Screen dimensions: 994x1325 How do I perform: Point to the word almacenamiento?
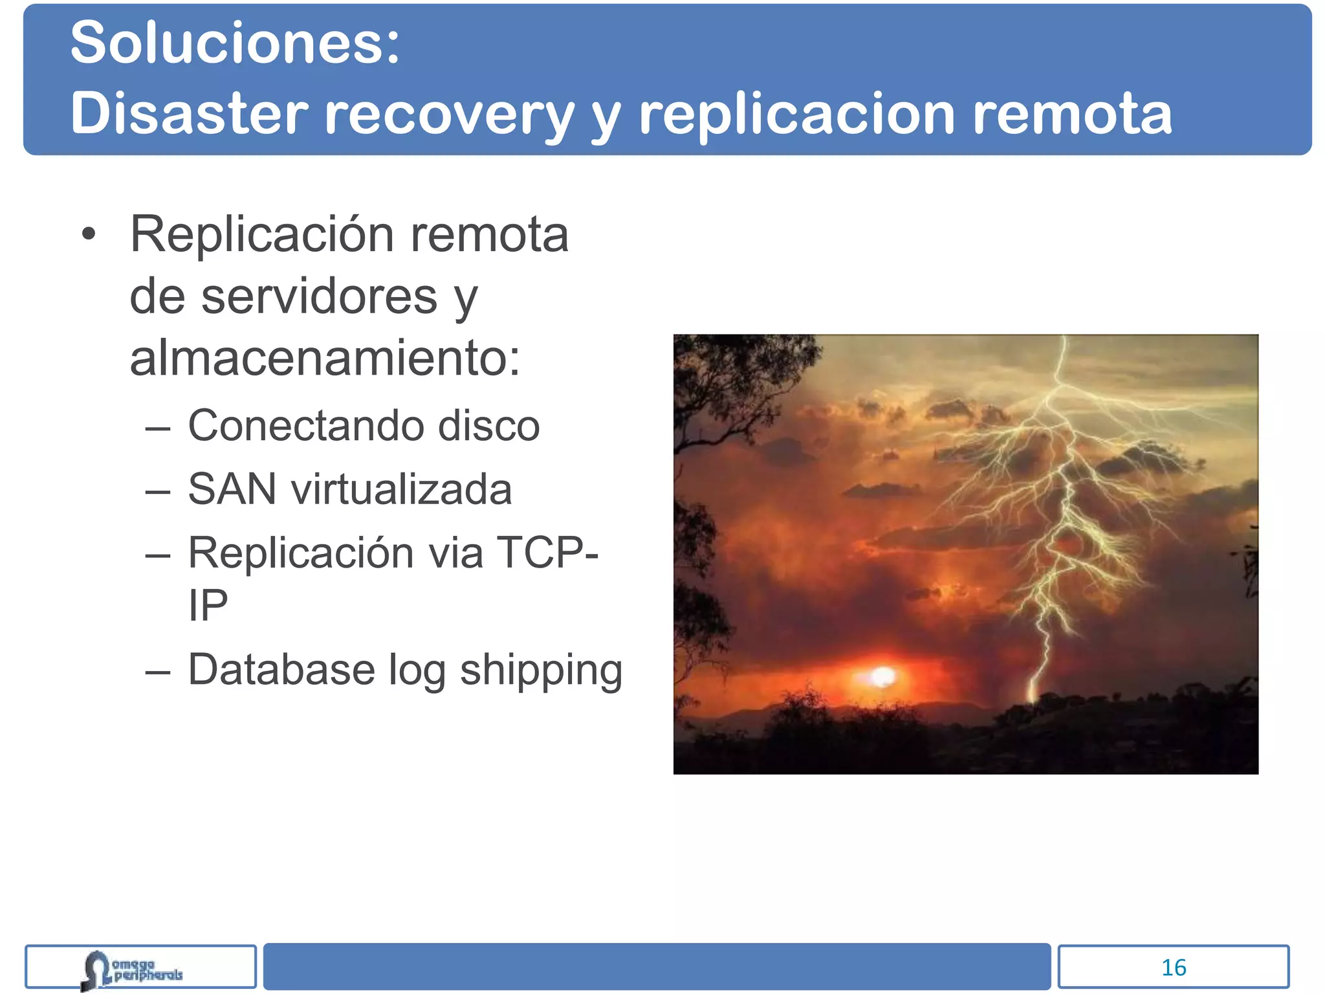pos(325,358)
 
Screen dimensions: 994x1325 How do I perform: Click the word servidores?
pos(319,296)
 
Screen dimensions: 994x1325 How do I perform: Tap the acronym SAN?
pos(232,489)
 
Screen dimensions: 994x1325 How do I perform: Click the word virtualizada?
pos(401,489)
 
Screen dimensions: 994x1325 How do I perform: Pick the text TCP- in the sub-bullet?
pos(547,553)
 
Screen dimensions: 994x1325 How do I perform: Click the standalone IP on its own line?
pos(208,606)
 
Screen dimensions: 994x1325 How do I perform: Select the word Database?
pos(281,669)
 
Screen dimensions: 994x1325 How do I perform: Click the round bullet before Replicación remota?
pos(89,235)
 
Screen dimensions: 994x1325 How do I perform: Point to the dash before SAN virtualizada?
pos(158,491)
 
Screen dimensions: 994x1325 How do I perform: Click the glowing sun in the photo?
pos(882,677)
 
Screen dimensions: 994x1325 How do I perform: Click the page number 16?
pos(1174,967)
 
